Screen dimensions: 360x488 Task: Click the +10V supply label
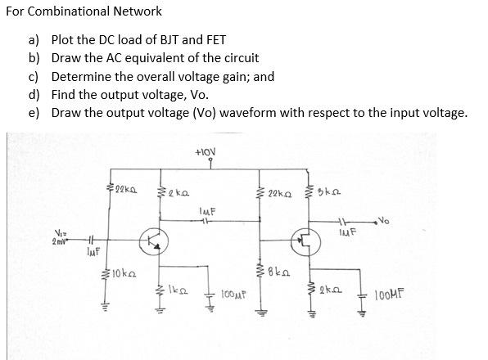tap(206, 151)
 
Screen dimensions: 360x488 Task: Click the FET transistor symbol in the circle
tap(305, 241)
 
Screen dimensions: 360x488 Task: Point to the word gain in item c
tap(228, 76)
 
